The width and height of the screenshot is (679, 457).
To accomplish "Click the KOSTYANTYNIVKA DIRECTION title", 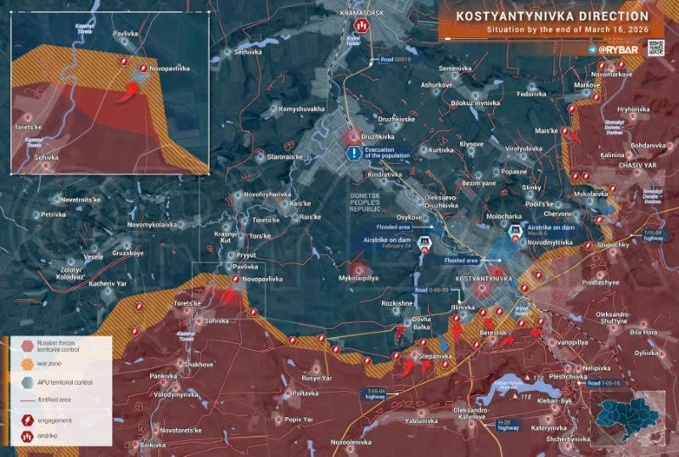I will [552, 16].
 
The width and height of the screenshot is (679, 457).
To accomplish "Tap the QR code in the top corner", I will [656, 48].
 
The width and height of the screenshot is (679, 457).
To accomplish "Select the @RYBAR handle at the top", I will [611, 50].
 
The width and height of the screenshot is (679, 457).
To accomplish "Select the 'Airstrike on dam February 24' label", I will [391, 244].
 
